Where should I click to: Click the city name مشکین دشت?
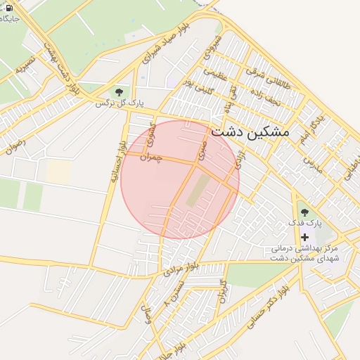250,131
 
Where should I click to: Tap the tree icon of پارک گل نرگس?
118,92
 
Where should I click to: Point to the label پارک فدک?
307,222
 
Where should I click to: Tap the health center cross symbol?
304,237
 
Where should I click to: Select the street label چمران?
150,156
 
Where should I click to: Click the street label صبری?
202,148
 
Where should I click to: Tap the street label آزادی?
240,157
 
